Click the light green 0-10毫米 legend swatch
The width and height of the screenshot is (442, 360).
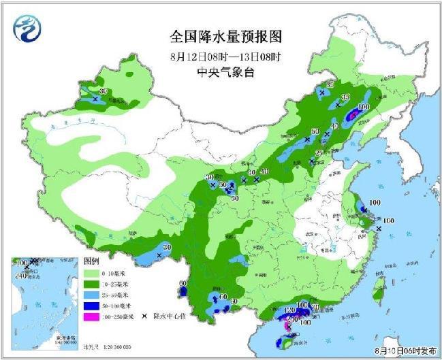pyautogui.click(x=91, y=272)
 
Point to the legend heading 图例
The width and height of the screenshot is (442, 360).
pyautogui.click(x=92, y=261)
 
